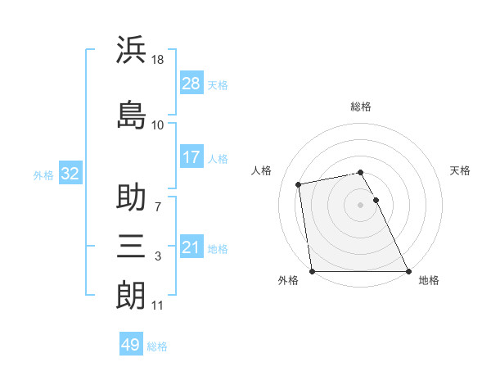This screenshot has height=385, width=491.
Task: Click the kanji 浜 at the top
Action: [x=131, y=50]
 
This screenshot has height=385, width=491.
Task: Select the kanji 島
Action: [x=131, y=114]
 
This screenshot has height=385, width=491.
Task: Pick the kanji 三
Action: [x=131, y=245]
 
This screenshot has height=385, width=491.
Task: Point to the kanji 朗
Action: [x=131, y=294]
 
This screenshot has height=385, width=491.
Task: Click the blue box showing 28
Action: [x=191, y=83]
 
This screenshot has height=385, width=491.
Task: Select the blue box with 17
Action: [x=191, y=157]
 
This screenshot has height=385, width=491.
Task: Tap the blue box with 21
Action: [x=191, y=247]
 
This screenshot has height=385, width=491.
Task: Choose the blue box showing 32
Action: [x=70, y=174]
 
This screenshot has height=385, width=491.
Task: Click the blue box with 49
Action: [x=131, y=345]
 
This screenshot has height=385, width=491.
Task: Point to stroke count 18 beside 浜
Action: [x=159, y=60]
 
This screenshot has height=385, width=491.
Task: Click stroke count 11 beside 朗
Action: [x=157, y=306]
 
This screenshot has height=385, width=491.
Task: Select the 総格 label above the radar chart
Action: [x=361, y=106]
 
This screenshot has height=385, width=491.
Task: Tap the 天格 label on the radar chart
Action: [x=461, y=170]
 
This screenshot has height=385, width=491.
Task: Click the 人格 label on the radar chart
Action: [x=262, y=170]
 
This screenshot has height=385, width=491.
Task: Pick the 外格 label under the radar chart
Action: [x=288, y=280]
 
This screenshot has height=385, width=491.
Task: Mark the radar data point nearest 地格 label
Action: [x=408, y=271]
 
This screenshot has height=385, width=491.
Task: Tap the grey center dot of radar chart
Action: [x=361, y=205]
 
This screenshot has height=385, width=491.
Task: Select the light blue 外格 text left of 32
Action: [x=43, y=174]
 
